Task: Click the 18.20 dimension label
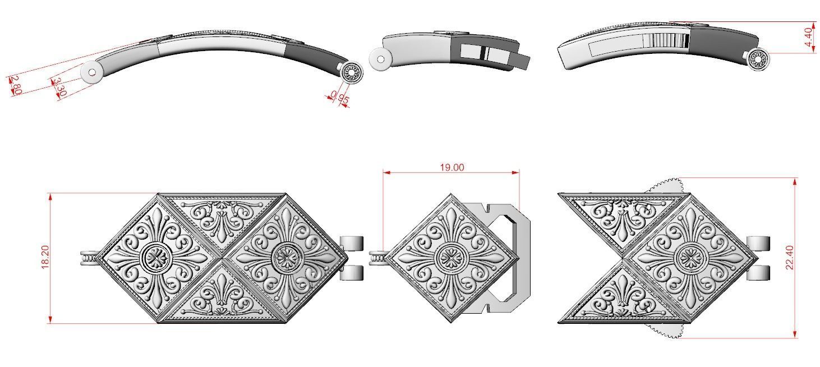tap(45, 258)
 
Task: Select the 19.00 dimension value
tap(452, 167)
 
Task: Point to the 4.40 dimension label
tap(809, 38)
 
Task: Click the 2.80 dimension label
tap(16, 85)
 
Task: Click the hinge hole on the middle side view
tap(380, 59)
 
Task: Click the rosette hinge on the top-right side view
tap(758, 59)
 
